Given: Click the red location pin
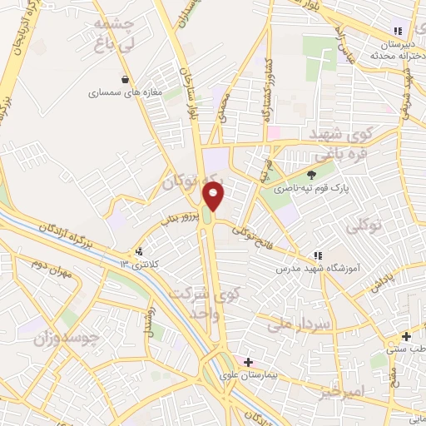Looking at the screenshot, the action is pos(215,196).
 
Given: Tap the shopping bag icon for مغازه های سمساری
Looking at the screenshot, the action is pos(126,80).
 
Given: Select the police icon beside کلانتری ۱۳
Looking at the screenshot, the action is pos(139,250).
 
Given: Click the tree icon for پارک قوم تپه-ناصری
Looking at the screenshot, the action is pos(311,175).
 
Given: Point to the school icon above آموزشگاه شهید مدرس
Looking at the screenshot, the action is pos(317,255).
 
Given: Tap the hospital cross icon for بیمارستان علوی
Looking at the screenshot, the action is pos(248,363).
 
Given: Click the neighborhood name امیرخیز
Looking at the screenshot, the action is pos(341,390).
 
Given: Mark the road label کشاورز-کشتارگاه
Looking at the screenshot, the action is pos(268,92).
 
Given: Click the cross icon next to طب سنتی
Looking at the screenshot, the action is pos(406,337).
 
